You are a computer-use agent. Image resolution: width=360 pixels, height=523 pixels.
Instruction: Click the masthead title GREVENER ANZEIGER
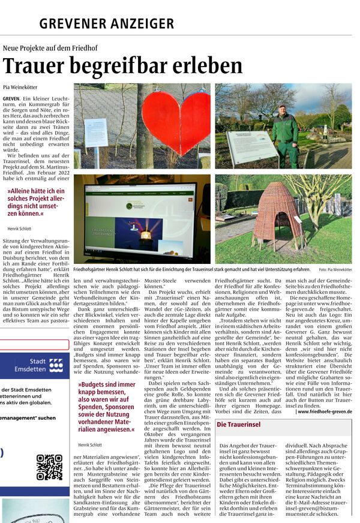[x=107, y=24]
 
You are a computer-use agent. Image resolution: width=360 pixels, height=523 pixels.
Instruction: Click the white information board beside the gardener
[x=251, y=146]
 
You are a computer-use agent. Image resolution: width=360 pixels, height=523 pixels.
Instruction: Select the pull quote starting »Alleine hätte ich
[x=37, y=202]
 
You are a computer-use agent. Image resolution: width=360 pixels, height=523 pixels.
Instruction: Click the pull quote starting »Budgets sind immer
[x=106, y=407]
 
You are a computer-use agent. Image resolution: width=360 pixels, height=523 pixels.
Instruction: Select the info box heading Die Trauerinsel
[x=239, y=425]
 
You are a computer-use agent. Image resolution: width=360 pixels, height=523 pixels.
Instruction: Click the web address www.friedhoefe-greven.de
[x=325, y=411]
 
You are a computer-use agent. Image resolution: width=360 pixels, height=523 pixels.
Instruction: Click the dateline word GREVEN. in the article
[x=11, y=98]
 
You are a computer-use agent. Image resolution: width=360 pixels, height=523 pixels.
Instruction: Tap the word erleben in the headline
[x=198, y=65]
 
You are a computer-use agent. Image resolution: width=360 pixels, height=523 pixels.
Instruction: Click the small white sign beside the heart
[x=96, y=133]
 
